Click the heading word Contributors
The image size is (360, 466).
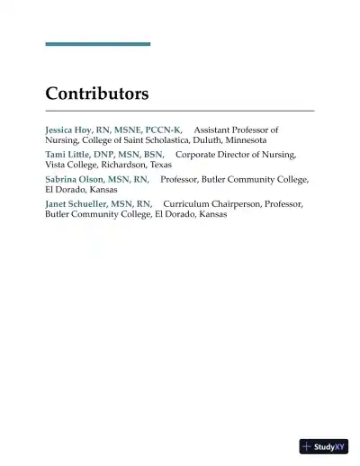click(x=97, y=94)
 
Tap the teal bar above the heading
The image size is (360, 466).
click(x=97, y=43)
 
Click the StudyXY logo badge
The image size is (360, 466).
click(x=323, y=446)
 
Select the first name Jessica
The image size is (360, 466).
click(x=61, y=130)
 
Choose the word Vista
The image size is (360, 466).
click(x=56, y=166)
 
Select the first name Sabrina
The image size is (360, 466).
click(x=62, y=180)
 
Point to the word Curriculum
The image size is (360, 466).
click(x=189, y=204)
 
